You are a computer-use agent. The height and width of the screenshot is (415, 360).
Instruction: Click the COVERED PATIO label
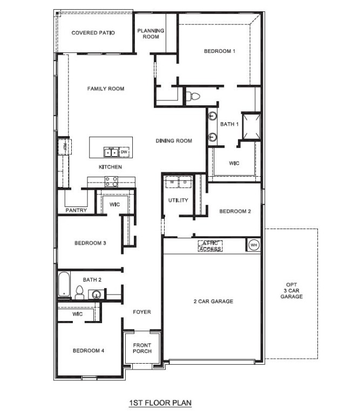tap(93, 33)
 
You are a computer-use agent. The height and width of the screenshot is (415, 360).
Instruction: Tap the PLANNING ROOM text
tap(151, 34)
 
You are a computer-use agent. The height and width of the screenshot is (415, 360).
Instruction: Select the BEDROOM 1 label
tap(220, 51)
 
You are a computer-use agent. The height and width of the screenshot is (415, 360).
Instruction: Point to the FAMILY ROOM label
tap(106, 89)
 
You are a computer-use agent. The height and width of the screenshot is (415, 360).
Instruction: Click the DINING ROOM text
tap(174, 141)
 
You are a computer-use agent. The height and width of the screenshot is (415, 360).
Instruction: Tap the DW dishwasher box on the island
tap(124, 152)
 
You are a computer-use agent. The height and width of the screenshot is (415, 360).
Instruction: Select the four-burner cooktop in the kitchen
tap(112, 181)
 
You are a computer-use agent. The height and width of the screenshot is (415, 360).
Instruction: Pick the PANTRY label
tap(76, 210)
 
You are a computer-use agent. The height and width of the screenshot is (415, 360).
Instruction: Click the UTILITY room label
tap(178, 200)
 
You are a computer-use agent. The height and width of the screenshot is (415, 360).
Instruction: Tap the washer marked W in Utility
tap(172, 182)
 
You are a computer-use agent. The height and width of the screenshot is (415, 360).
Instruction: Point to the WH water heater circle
tap(253, 245)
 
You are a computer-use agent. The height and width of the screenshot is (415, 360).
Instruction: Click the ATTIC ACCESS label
tap(210, 246)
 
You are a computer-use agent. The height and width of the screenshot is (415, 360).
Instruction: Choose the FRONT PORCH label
tap(142, 348)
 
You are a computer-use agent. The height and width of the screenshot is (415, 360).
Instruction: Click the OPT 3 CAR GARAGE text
tap(295, 291)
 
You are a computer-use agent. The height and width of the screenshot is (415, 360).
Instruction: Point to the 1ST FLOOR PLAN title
tap(160, 403)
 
